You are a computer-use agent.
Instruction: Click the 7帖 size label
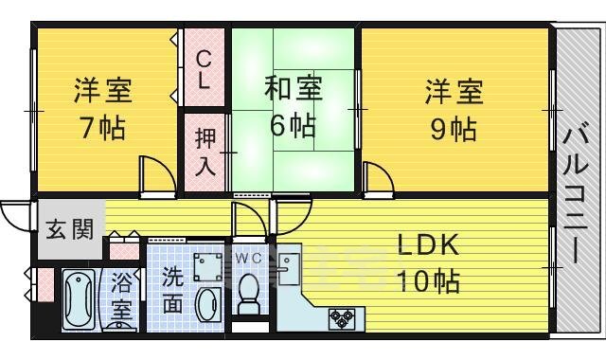[103, 128]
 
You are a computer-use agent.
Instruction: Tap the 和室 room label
[293, 90]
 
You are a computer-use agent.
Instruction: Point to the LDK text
[427, 246]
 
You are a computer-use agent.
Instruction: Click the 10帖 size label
[428, 281]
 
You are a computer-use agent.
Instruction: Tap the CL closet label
[204, 71]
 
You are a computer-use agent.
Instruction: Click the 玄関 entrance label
[69, 229]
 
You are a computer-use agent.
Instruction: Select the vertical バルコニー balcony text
[575, 194]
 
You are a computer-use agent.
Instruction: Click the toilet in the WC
[250, 292]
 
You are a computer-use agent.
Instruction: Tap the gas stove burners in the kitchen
[341, 317]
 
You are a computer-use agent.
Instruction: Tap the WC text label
[249, 257]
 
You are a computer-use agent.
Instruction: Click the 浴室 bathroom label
[122, 296]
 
